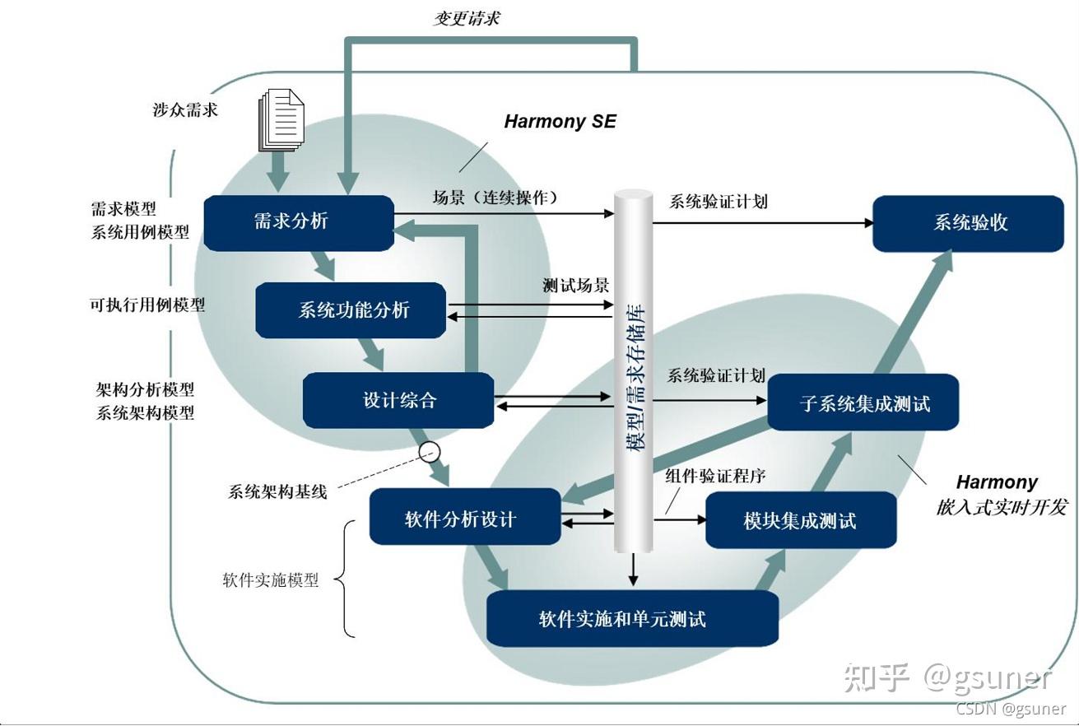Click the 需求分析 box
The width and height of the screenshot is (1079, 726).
[x=298, y=222]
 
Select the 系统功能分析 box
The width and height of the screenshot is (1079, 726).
[x=351, y=310]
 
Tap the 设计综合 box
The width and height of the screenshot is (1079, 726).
[x=398, y=401]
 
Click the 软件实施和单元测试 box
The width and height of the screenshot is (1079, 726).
[x=632, y=619]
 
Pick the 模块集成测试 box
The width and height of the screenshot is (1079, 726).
[x=800, y=520]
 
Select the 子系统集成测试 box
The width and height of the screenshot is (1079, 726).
[x=863, y=403]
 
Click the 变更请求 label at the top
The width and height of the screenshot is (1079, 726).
[x=466, y=18]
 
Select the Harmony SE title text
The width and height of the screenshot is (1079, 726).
[x=560, y=122]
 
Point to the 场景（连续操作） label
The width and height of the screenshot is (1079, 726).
[x=495, y=198]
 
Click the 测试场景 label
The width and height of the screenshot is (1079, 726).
[x=575, y=286]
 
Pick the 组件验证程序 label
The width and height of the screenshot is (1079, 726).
[x=715, y=477]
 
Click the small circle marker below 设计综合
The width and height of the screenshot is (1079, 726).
[x=430, y=451]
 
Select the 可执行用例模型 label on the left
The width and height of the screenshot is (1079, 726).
[x=147, y=305]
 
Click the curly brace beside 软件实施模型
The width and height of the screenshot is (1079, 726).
[x=348, y=579]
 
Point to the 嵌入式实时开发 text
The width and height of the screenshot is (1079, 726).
[x=1001, y=507]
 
